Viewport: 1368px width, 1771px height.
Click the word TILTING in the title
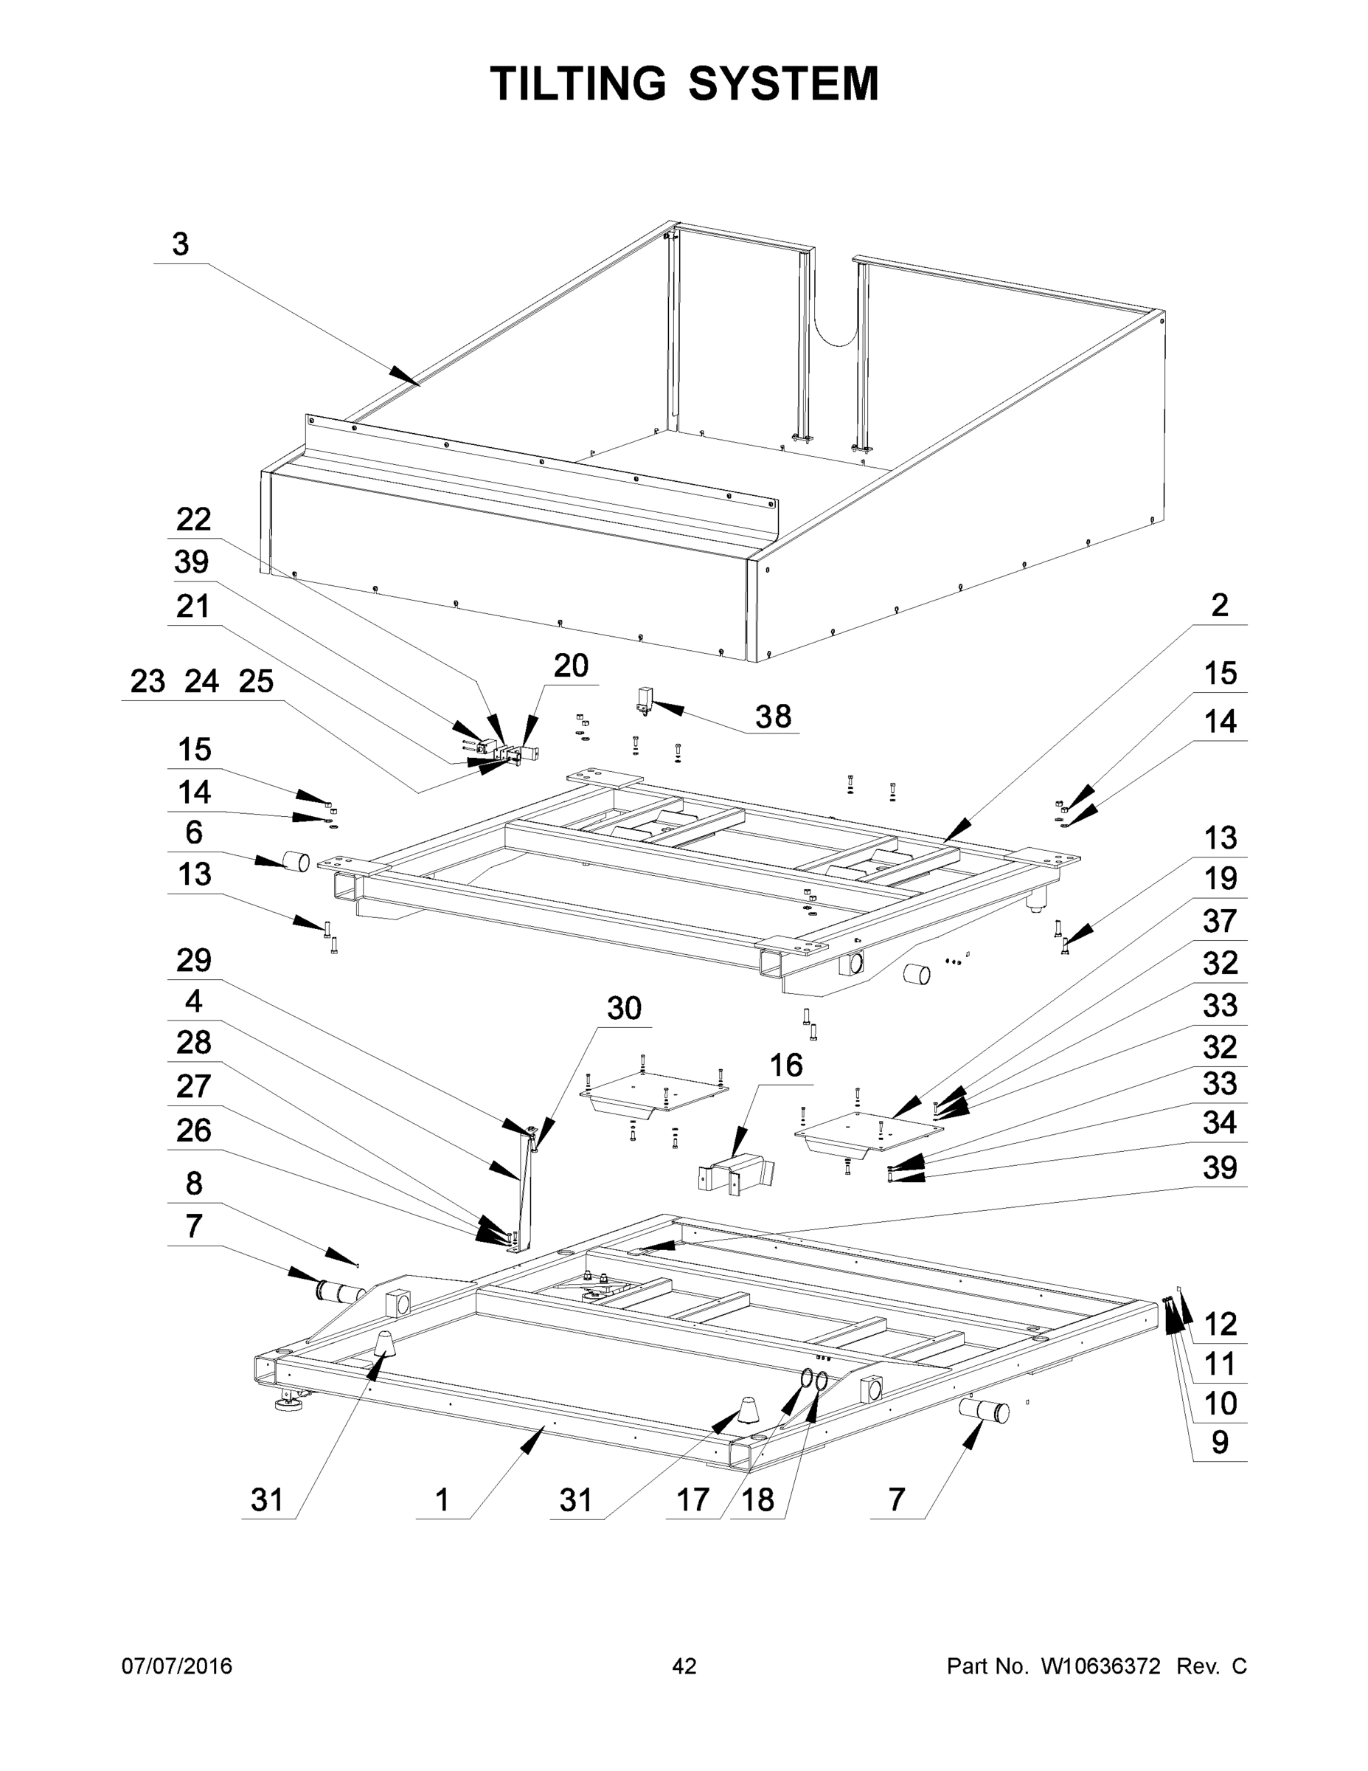pyautogui.click(x=578, y=83)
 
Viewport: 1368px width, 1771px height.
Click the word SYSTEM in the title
pyautogui.click(x=784, y=83)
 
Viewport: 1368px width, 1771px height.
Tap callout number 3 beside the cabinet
pyautogui.click(x=180, y=244)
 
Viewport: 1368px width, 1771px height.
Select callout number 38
pyautogui.click(x=772, y=716)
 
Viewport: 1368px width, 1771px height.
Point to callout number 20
pyautogui.click(x=571, y=666)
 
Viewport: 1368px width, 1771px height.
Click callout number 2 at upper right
pyautogui.click(x=1219, y=605)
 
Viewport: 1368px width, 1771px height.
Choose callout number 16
pyautogui.click(x=785, y=1066)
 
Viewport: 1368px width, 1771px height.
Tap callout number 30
pyautogui.click(x=624, y=1009)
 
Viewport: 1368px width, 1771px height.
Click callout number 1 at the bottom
pyautogui.click(x=442, y=1500)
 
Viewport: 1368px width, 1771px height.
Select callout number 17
pyautogui.click(x=693, y=1500)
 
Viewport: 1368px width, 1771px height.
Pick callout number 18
pyautogui.click(x=758, y=1500)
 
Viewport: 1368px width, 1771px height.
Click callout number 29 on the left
pyautogui.click(x=194, y=960)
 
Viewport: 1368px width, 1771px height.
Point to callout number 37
pyautogui.click(x=1219, y=921)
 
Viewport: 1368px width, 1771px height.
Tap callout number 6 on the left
pyautogui.click(x=194, y=832)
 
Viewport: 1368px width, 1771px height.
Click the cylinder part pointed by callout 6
pyautogui.click(x=296, y=861)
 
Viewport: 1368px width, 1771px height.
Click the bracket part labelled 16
pyautogui.click(x=736, y=1175)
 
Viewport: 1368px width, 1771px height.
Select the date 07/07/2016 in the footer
pyautogui.click(x=177, y=1666)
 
